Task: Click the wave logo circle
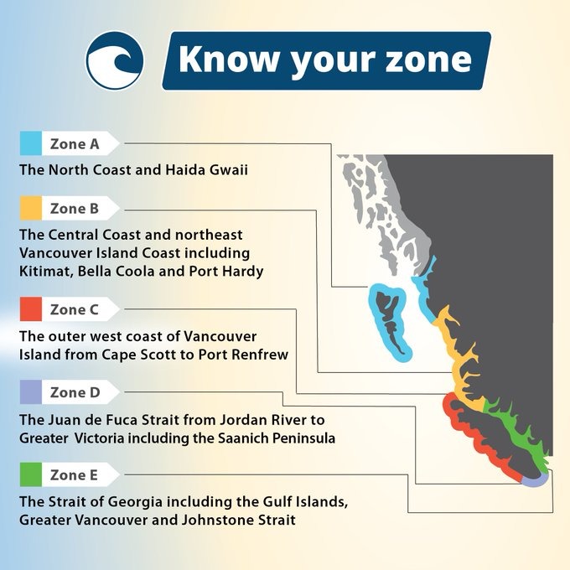pos(115,60)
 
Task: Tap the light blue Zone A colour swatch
pos(31,143)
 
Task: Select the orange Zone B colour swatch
pos(31,208)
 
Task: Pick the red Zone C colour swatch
pos(31,309)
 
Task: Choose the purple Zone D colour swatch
pos(31,392)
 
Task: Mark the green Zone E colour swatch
pos(31,474)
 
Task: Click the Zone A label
pos(75,144)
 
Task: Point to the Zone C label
pos(74,309)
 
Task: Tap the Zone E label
pos(74,475)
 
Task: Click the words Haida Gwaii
pos(206,170)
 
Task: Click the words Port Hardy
pos(226,272)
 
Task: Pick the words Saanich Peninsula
pos(277,438)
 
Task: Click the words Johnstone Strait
pos(238,520)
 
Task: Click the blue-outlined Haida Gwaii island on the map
pos(389,322)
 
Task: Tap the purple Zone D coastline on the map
pos(536,479)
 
